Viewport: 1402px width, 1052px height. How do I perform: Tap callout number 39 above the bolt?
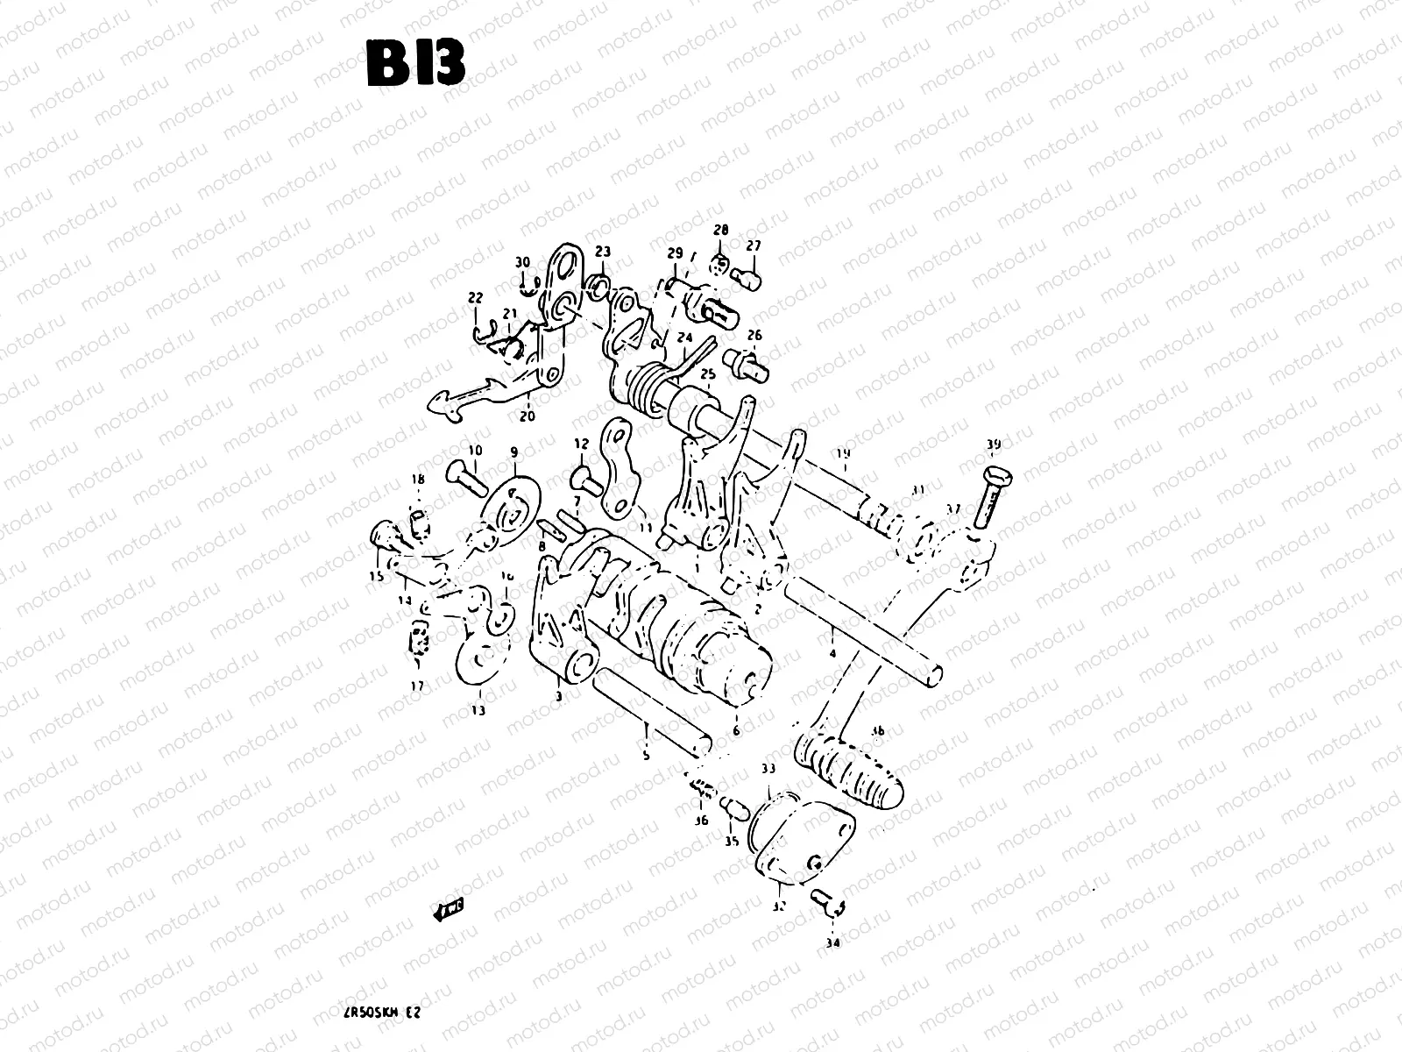[992, 444]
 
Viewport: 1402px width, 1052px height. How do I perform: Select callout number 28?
[720, 231]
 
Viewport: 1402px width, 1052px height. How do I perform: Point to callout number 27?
[754, 245]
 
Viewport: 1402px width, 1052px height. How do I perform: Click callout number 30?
[522, 262]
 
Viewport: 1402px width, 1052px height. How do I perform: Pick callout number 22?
[475, 298]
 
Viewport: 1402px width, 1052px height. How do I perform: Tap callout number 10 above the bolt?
[474, 450]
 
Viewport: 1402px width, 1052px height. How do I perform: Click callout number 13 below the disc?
[478, 711]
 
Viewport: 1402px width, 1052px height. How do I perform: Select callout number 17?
[417, 686]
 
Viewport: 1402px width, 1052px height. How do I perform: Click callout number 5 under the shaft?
[646, 755]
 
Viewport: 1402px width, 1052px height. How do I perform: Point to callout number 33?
[768, 769]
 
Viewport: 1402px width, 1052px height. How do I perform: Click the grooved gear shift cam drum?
[675, 622]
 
